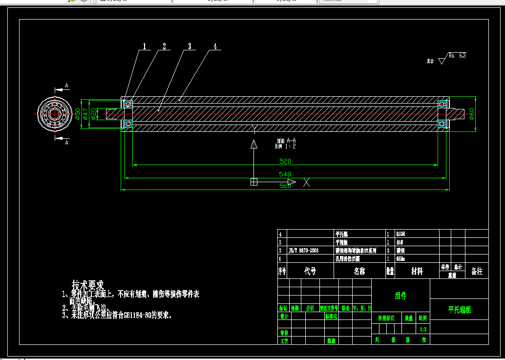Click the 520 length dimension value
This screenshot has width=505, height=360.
click(x=285, y=161)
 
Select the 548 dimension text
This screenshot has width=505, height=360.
click(x=285, y=174)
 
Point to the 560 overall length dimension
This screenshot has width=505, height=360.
click(x=285, y=186)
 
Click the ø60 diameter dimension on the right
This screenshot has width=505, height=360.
click(x=471, y=113)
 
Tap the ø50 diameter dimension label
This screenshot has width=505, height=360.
click(x=78, y=113)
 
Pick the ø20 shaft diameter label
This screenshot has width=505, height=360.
click(x=93, y=113)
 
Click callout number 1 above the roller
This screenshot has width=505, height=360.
click(x=145, y=47)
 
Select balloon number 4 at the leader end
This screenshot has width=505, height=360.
click(x=215, y=46)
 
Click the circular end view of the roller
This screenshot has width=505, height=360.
click(x=54, y=113)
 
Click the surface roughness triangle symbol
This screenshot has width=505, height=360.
click(x=442, y=61)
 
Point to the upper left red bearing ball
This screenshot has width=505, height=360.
click(x=128, y=104)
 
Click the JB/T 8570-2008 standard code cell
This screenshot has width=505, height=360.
click(x=304, y=250)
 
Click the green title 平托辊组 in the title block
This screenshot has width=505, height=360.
click(x=460, y=310)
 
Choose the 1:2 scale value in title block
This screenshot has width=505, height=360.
click(x=423, y=329)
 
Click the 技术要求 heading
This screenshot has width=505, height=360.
click(x=88, y=284)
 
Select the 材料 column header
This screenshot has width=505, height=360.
click(x=417, y=271)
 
